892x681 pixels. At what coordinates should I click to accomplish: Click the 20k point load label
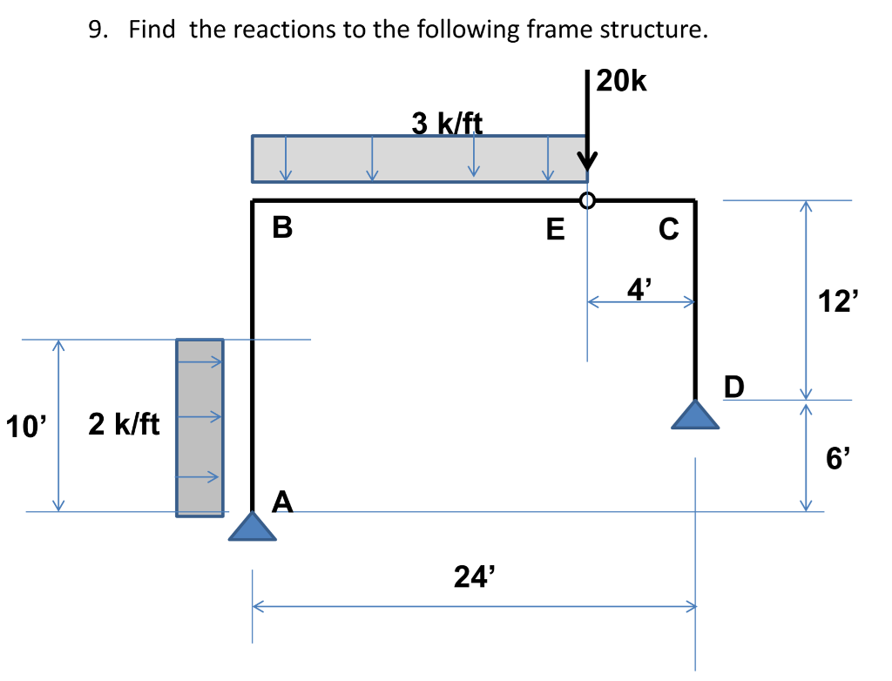623,82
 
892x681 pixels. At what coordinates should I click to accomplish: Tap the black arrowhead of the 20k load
589,163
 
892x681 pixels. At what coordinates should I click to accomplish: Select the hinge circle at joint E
588,200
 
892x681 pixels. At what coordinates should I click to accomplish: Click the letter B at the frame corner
281,228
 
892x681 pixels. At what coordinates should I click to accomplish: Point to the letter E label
554,230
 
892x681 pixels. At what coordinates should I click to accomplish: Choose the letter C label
668,229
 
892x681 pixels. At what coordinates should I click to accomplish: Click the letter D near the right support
734,386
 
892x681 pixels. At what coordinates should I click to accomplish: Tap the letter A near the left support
283,502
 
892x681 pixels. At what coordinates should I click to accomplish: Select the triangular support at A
253,528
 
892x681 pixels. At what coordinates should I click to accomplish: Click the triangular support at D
695,415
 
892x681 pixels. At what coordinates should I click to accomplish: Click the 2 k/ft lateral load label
124,424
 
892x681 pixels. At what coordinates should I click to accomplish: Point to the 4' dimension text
639,288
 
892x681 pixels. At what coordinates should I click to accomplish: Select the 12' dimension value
838,301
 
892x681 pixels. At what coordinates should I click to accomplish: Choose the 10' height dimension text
26,427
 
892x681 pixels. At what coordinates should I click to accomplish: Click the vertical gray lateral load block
199,427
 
